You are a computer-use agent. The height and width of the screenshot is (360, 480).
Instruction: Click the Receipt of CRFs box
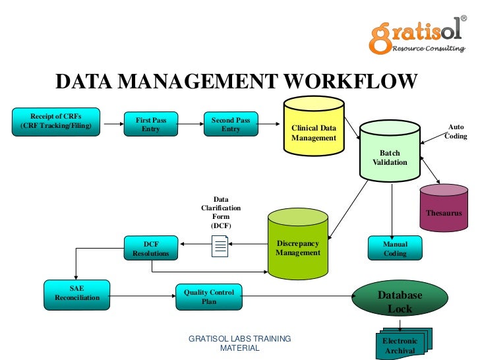(56, 121)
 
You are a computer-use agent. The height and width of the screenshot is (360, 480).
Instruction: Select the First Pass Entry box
(151, 125)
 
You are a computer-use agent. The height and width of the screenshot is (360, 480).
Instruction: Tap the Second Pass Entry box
(231, 125)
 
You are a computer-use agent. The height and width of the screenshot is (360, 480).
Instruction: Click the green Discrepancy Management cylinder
(298, 247)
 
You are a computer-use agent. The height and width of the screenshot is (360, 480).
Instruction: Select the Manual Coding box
(395, 249)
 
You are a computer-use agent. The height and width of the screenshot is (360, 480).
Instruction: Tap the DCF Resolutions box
(151, 249)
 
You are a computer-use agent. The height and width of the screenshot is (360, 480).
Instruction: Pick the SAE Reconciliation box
(77, 293)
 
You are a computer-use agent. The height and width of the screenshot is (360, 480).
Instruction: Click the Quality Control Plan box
(209, 297)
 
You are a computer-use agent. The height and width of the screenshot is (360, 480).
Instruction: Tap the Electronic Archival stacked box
(400, 345)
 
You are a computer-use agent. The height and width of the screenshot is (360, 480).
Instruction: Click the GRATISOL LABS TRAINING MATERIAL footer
(239, 343)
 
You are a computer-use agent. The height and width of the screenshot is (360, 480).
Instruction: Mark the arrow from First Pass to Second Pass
(191, 124)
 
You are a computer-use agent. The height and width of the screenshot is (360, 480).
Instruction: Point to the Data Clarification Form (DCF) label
(221, 212)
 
